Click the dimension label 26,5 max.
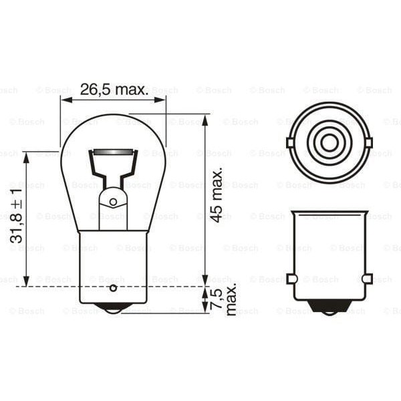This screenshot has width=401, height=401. (114, 90)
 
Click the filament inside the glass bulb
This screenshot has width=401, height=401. (113, 154)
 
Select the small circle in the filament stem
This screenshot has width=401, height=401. (113, 201)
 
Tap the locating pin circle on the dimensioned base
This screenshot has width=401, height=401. (113, 288)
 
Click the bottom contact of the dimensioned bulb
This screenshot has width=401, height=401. (113, 309)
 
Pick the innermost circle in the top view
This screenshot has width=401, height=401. (328, 142)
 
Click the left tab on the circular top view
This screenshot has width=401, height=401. (289, 142)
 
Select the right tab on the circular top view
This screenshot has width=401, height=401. (367, 142)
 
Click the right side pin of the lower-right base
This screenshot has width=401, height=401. (367, 278)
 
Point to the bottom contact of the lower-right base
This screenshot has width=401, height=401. (328, 309)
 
